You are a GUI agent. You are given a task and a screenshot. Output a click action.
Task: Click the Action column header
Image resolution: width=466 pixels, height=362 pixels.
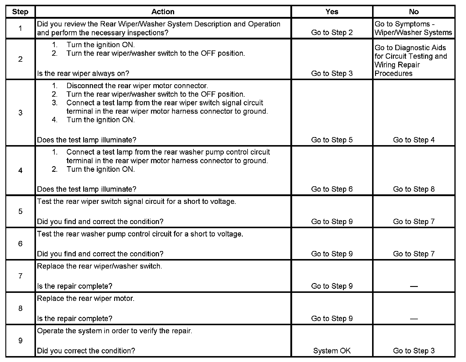tap(163, 12)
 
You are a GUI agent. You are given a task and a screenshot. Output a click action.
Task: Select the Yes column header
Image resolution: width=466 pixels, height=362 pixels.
tap(332, 12)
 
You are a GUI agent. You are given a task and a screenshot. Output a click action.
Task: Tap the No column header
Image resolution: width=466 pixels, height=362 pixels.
tap(414, 12)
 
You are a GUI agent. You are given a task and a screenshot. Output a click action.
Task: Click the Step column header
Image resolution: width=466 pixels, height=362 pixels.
tap(20, 12)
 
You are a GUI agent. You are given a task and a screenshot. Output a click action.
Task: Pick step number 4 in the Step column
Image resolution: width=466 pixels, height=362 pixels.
tap(20, 171)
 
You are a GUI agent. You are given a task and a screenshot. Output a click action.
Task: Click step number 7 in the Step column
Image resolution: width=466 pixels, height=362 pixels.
tap(20, 276)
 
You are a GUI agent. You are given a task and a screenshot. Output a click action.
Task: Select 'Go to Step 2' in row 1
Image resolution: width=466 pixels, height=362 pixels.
tap(332, 32)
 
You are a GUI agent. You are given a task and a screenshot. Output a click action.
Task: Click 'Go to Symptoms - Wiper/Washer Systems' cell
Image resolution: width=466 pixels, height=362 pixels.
tap(413, 28)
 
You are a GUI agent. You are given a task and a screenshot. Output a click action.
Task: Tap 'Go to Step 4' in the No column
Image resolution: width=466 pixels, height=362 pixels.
tap(414, 140)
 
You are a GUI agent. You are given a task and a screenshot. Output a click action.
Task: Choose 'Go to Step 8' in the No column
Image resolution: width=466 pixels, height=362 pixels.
tap(414, 189)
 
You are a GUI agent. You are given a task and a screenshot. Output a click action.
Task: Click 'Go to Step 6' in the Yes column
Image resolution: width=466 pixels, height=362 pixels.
tap(332, 189)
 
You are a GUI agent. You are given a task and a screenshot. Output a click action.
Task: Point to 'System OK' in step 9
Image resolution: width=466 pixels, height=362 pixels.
tap(332, 351)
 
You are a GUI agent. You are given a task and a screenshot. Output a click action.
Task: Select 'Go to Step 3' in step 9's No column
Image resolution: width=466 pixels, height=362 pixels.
tap(414, 351)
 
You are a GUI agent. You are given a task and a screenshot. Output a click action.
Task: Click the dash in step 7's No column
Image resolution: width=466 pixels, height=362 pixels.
tap(414, 286)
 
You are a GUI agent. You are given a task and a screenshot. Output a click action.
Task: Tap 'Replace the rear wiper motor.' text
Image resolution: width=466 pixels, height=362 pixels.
tap(86, 299)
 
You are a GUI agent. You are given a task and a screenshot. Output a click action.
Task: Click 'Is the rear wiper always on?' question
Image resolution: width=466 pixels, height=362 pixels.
tap(83, 73)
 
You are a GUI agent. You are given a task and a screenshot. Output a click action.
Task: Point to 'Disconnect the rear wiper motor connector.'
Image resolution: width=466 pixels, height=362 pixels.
tap(137, 86)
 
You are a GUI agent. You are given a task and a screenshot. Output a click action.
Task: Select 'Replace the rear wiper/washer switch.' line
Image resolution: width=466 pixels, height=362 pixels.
tap(100, 266)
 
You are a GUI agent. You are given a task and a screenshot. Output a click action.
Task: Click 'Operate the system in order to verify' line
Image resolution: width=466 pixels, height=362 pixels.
tap(114, 331)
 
